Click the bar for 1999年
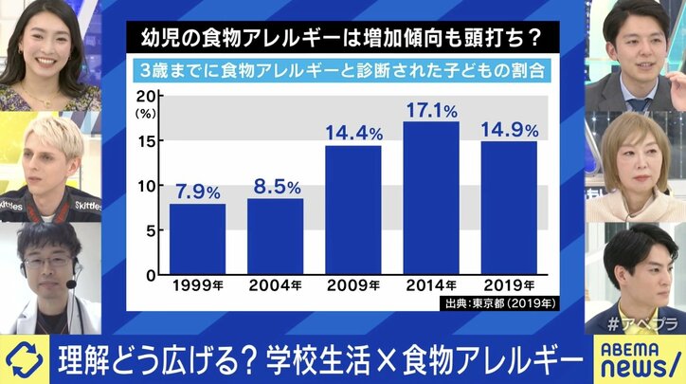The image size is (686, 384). (198, 239)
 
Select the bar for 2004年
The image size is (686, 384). (276, 236)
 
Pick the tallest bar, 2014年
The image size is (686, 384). (431, 197)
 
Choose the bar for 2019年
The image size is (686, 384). (509, 208)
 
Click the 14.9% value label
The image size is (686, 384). (509, 127)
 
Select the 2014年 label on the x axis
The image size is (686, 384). (431, 285)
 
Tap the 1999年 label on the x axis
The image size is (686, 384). (198, 285)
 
